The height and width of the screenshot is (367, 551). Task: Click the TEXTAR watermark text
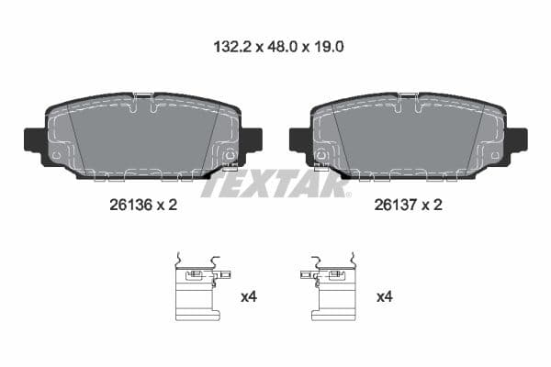pos(275,184)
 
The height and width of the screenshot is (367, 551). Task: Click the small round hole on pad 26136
pos(58,155)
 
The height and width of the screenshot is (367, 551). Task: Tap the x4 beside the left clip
pos(248,296)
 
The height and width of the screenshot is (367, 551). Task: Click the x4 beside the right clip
pos(385,296)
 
